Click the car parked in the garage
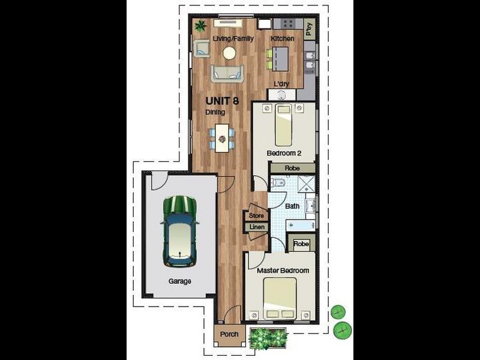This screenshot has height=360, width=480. (x=179, y=231)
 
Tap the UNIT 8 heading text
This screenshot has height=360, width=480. (x=222, y=101)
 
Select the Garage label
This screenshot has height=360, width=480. (x=179, y=281)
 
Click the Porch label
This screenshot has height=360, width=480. (x=229, y=334)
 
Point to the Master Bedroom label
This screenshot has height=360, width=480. (x=283, y=271)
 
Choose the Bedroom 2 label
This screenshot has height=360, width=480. (x=284, y=153)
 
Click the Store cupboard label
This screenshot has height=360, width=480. (x=256, y=215)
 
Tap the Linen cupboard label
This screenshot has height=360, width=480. (x=257, y=227)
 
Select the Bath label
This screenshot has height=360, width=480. (x=292, y=206)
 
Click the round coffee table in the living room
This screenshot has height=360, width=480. (x=229, y=53)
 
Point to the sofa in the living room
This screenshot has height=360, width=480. (x=227, y=74)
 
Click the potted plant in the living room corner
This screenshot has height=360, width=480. (x=200, y=26)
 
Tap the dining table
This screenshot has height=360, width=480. (x=222, y=138)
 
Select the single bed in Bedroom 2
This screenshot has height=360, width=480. (x=283, y=125)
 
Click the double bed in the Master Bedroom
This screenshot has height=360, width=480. (x=280, y=298)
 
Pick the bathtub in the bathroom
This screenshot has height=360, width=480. (x=301, y=226)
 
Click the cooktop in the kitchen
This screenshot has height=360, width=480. (x=288, y=24)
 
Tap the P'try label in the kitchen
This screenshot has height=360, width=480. (x=310, y=29)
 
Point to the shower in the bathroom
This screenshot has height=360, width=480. (x=307, y=184)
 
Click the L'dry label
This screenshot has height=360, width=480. (x=281, y=83)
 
